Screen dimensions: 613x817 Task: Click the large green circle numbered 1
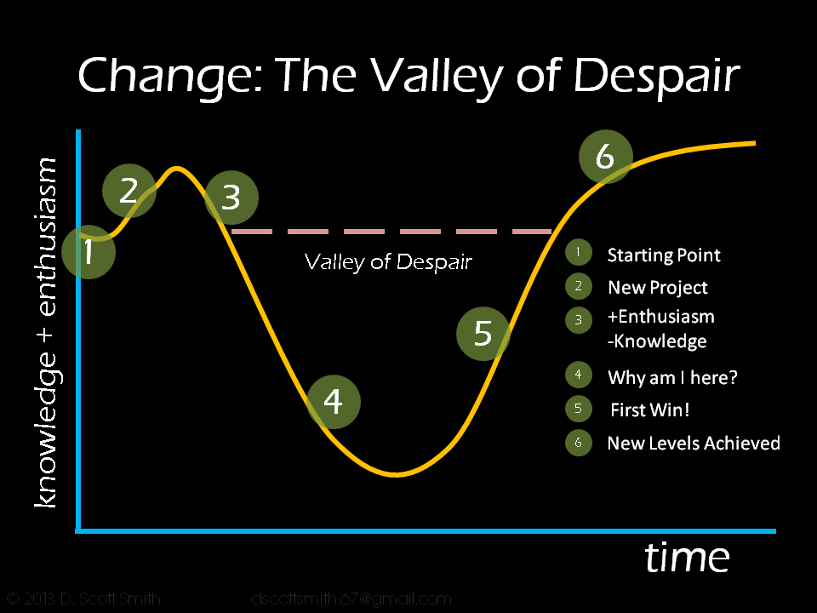coord(89,252)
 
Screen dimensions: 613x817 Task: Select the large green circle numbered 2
coord(129,192)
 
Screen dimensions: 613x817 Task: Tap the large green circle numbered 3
coord(231,198)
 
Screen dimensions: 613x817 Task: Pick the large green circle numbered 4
coord(334,401)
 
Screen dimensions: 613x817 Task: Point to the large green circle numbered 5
coord(483,333)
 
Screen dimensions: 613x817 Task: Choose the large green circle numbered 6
coord(605,157)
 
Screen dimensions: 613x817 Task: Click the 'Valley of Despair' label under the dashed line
coord(388,261)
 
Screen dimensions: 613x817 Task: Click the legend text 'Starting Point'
coord(663,255)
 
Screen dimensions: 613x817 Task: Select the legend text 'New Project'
coord(657,288)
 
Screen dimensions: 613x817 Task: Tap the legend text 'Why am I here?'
coord(672,377)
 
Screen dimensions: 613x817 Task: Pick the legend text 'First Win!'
coord(650,410)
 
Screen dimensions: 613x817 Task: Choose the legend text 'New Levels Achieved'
coord(693,444)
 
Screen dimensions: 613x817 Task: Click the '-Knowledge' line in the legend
coord(657,342)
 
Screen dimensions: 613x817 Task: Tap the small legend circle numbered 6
coord(579,443)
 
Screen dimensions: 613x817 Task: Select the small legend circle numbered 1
coord(579,252)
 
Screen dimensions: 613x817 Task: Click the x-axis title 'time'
coord(687,559)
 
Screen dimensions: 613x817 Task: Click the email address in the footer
coord(351,599)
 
